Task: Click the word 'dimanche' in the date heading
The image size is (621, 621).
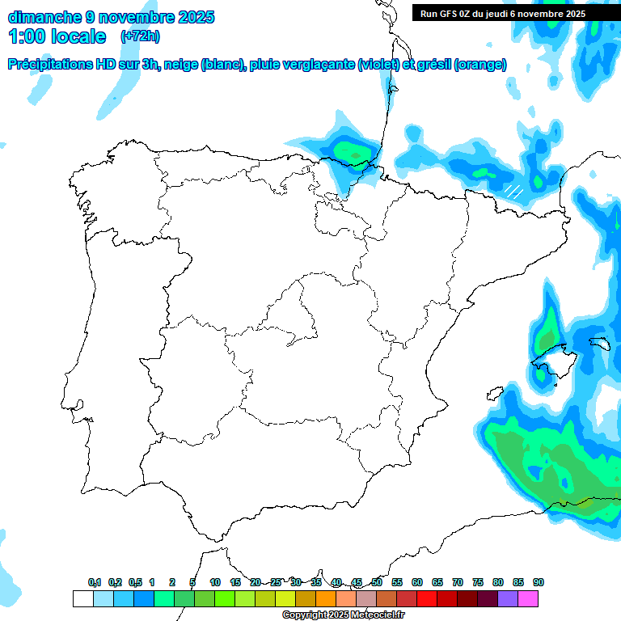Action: (x=44, y=17)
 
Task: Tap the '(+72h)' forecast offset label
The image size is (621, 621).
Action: (x=141, y=36)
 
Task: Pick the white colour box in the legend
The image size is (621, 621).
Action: (x=82, y=599)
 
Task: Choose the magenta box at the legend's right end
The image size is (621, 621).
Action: (x=528, y=599)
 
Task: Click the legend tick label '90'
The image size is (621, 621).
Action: (x=539, y=582)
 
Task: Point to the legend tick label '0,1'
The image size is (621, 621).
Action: (x=95, y=582)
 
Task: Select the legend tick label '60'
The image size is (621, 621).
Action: (x=417, y=582)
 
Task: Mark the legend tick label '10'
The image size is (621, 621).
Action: (x=215, y=582)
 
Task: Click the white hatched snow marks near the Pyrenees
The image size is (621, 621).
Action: (x=513, y=192)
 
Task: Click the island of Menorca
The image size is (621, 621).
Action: (x=599, y=343)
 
